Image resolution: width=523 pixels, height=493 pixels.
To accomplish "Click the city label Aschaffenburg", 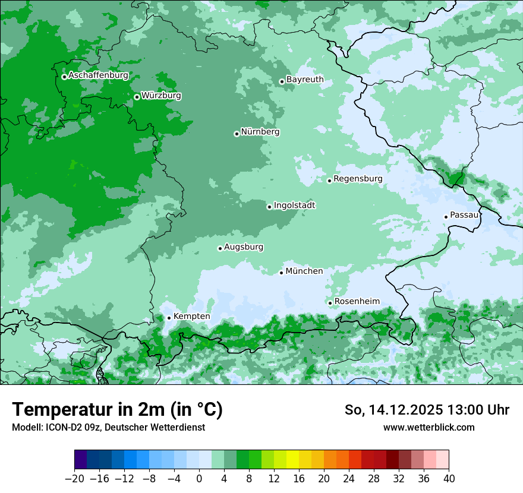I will click(x=98, y=75).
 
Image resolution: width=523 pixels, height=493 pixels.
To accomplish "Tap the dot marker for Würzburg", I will click(x=137, y=97).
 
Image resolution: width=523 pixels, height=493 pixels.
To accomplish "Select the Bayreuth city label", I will click(x=305, y=80).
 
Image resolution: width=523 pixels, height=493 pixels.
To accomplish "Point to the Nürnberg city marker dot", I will click(x=237, y=134).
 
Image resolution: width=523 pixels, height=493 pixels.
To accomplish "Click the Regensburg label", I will click(x=358, y=179).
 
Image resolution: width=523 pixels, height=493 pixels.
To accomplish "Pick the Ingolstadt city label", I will click(x=294, y=206).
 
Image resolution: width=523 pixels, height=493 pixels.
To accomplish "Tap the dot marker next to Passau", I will click(x=446, y=217).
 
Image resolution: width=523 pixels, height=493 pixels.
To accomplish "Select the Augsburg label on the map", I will click(x=244, y=247).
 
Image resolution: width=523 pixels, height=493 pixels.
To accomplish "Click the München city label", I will click(x=304, y=271).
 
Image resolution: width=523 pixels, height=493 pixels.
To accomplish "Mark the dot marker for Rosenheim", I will click(x=330, y=303).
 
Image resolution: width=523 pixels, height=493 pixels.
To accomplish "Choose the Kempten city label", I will click(x=191, y=317).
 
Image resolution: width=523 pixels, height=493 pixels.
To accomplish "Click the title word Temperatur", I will click(x=59, y=410).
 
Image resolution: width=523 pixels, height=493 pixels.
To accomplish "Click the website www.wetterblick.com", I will click(x=429, y=427).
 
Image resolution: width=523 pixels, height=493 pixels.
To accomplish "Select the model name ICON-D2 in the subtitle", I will click(x=64, y=427).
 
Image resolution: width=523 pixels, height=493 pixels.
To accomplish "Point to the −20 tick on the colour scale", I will click(x=74, y=479).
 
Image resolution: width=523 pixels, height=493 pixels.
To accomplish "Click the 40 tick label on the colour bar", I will click(x=449, y=479).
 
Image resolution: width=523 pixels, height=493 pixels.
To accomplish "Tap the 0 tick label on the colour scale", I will click(x=199, y=479).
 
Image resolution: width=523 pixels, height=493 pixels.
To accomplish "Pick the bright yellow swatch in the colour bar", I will click(x=292, y=460).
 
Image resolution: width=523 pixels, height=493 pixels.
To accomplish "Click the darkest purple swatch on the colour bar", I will click(x=81, y=460).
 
